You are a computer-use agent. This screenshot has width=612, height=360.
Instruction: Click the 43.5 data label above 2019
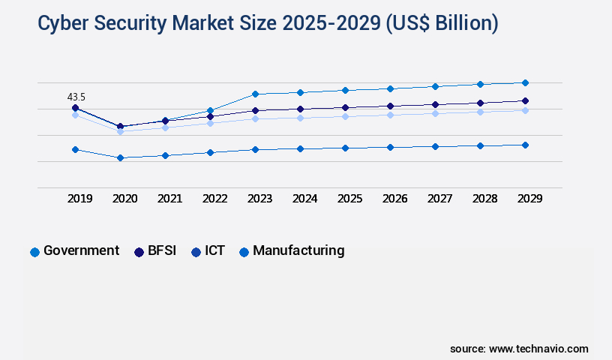(76, 97)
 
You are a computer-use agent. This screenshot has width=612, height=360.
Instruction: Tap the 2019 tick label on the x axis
(80, 199)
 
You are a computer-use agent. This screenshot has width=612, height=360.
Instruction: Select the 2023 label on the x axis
(259, 199)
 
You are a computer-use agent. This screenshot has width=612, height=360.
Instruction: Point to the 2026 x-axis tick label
(394, 199)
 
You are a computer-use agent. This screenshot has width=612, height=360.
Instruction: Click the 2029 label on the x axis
(529, 199)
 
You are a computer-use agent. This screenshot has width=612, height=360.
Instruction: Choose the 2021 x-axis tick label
(169, 199)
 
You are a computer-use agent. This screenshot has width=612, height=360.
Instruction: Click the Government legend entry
(74, 251)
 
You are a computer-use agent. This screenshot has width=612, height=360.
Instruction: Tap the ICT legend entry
(207, 251)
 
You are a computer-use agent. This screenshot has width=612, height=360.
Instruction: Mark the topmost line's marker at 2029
(525, 82)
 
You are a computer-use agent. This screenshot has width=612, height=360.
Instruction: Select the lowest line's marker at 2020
(120, 157)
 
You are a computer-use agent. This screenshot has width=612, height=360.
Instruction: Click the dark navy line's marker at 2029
(525, 100)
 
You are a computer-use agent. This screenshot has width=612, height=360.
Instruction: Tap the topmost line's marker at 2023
(255, 94)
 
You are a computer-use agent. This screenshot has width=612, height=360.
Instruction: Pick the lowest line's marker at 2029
(525, 145)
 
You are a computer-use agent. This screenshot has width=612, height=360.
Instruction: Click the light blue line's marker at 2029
(525, 110)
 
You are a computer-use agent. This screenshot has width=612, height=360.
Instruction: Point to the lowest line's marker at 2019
(75, 149)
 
